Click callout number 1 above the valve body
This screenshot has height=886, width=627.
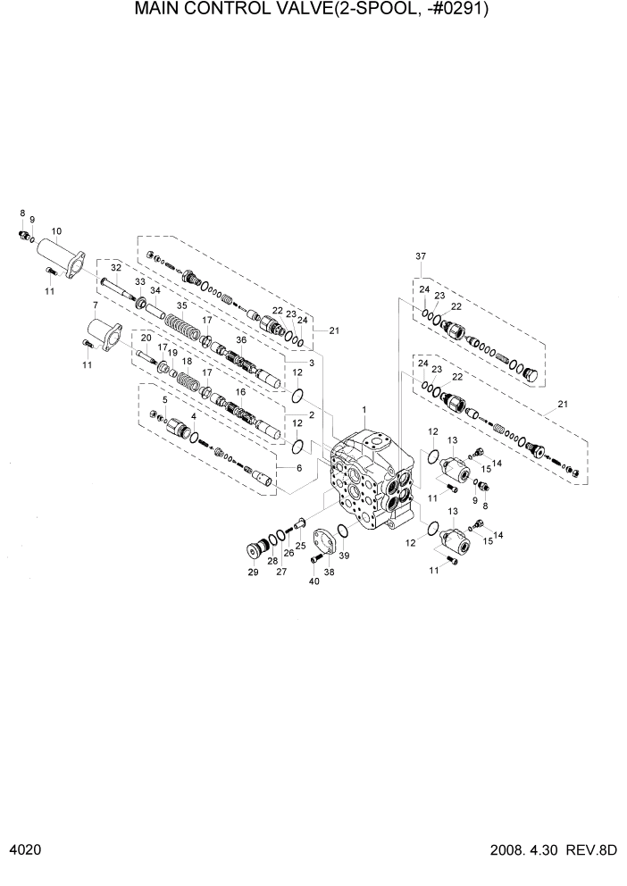pyautogui.click(x=364, y=409)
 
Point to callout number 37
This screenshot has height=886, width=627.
pyautogui.click(x=420, y=257)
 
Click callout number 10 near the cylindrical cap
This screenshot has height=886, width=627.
pyautogui.click(x=57, y=230)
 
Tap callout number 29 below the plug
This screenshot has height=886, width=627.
pyautogui.click(x=252, y=572)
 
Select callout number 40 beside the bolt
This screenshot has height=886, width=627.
pyautogui.click(x=313, y=581)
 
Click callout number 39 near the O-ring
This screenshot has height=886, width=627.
pyautogui.click(x=345, y=556)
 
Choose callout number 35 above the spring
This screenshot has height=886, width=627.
pyautogui.click(x=182, y=305)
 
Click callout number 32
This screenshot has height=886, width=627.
pyautogui.click(x=115, y=267)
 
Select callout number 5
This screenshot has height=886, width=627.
pyautogui.click(x=164, y=399)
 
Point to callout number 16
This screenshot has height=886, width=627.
pyautogui.click(x=240, y=391)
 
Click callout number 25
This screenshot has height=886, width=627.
pyautogui.click(x=301, y=545)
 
